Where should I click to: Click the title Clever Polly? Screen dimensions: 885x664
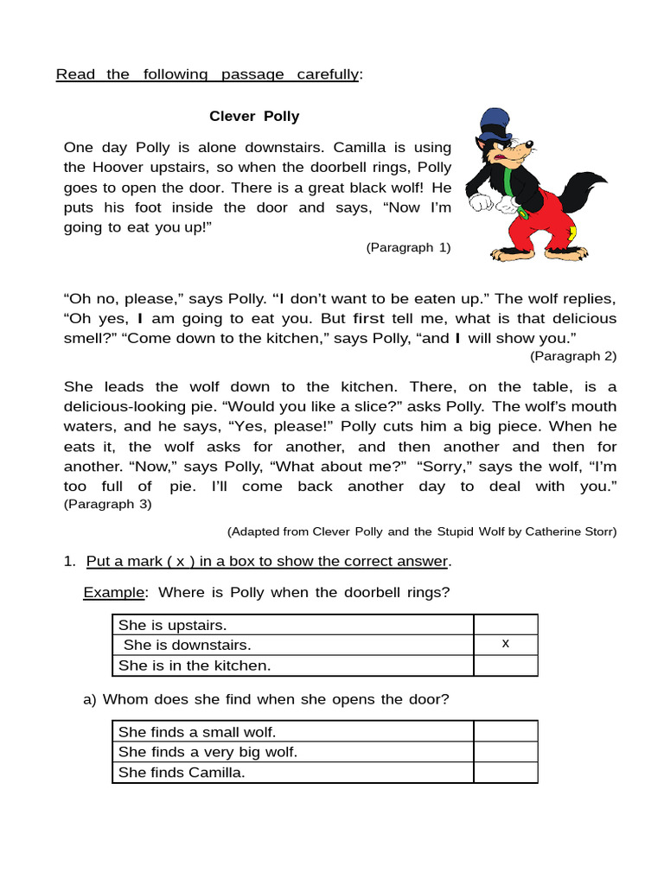pos(254,116)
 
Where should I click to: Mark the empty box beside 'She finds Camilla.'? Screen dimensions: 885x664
pos(505,773)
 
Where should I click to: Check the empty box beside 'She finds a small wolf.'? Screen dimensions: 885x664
pos(505,731)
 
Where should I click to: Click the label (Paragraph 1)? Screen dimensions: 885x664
pos(408,247)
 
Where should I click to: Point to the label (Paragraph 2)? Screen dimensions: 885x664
pos(573,355)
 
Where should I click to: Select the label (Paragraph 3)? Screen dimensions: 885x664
pos(107,504)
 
